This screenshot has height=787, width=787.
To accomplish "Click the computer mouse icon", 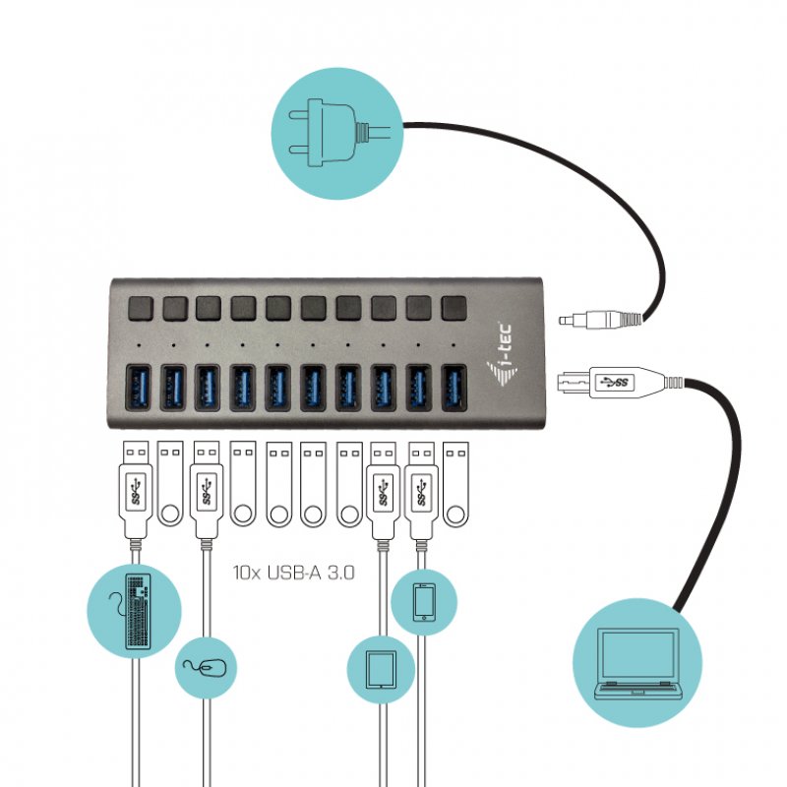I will [207, 670].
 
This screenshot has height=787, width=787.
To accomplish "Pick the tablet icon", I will [379, 669].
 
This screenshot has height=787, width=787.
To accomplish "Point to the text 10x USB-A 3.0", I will [293, 571].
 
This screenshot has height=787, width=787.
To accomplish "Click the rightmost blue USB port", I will [454, 388].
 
